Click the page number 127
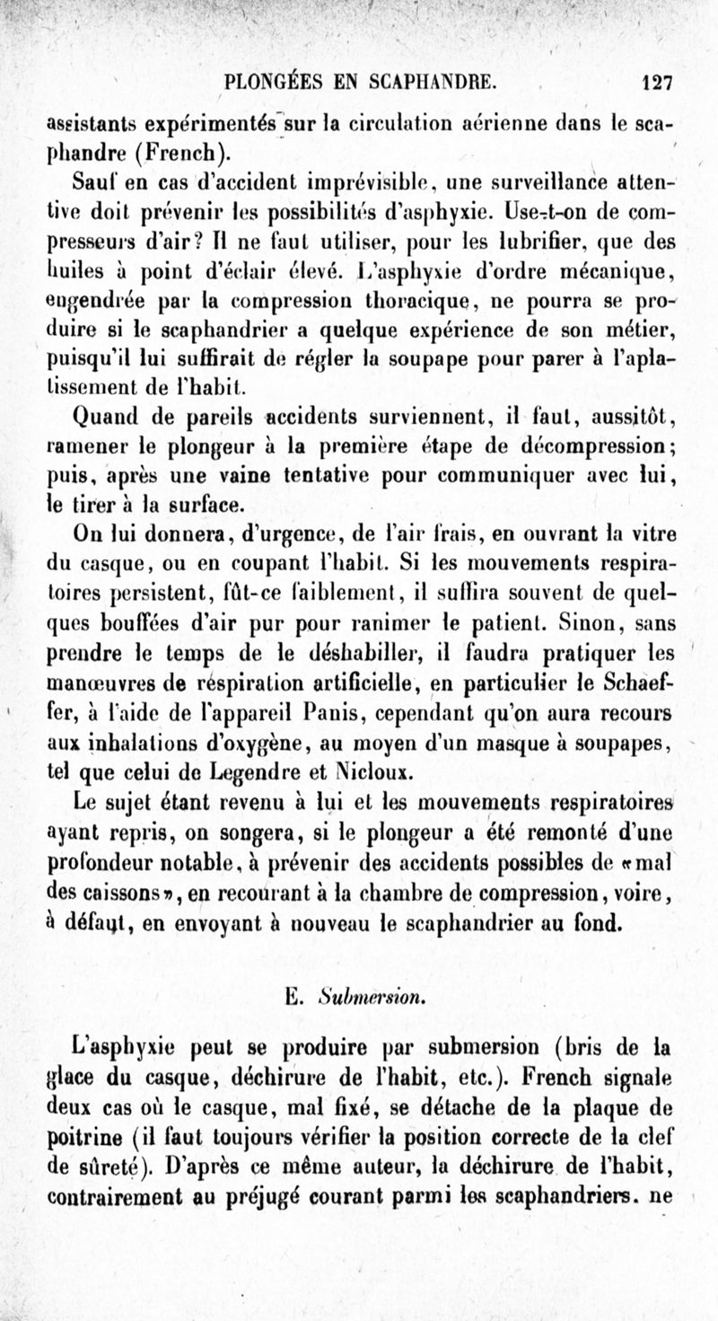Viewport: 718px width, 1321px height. [x=658, y=83]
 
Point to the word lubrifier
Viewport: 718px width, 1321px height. [x=479, y=242]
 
